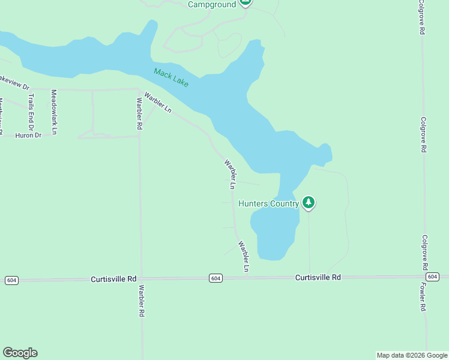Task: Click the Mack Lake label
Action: pos(171,77)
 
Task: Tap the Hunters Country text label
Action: pos(268,203)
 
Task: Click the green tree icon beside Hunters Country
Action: pos(309,203)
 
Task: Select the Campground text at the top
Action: pos(211,4)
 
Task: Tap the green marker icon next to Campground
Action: pos(245,2)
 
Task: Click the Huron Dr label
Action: pos(29,136)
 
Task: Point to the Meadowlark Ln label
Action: pos(54,112)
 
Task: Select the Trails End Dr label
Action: pos(31,109)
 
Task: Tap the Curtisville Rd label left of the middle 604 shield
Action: pos(114,280)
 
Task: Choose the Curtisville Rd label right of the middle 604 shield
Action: pos(318,277)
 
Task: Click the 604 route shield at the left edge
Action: pos(11,280)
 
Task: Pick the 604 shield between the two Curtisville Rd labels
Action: pos(216,278)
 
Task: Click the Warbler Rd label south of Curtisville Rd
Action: pos(142,301)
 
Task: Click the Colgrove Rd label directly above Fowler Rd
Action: pos(424,252)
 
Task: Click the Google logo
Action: pos(20,353)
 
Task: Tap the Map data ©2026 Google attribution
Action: pos(412,355)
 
